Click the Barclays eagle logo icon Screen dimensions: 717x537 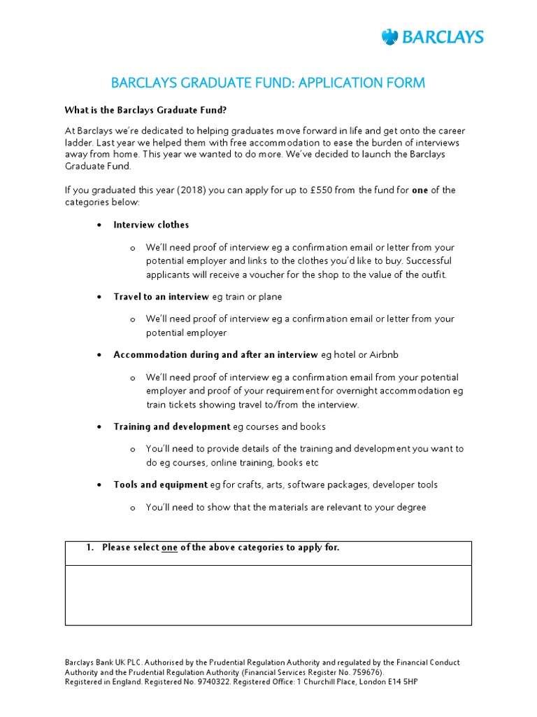click(389, 37)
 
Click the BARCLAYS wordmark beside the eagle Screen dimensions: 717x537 click(442, 37)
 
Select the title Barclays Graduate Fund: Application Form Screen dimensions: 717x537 click(268, 83)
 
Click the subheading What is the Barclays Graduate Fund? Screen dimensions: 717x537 click(145, 110)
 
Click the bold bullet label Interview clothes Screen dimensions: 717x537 click(151, 225)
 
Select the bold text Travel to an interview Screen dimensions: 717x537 click(161, 297)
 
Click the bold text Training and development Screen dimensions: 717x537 click(172, 426)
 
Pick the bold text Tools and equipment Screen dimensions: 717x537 click(161, 485)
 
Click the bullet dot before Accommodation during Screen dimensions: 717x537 click(99, 355)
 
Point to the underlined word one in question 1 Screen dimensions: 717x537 click(169, 548)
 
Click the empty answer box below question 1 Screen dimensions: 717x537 click(268, 594)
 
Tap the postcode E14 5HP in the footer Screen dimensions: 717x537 click(402, 681)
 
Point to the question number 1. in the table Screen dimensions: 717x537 click(89, 548)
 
